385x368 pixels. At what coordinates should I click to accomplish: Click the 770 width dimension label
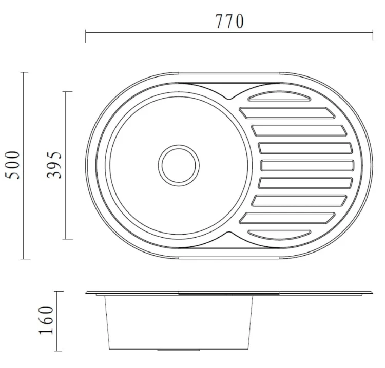[x=230, y=22]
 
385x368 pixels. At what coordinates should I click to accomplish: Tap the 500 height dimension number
[x=13, y=165]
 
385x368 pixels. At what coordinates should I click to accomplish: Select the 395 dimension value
[x=54, y=165]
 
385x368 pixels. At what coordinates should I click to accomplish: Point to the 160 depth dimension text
[x=46, y=320]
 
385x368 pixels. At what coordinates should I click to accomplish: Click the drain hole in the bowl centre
[x=179, y=165]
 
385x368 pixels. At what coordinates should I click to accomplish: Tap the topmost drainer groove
[x=279, y=96]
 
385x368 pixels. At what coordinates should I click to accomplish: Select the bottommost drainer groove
[x=279, y=235]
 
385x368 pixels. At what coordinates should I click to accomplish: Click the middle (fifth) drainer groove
[x=307, y=165]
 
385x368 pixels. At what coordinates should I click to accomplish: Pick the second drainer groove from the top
[x=287, y=113]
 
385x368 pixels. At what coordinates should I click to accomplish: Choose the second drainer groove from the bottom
[x=287, y=218]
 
